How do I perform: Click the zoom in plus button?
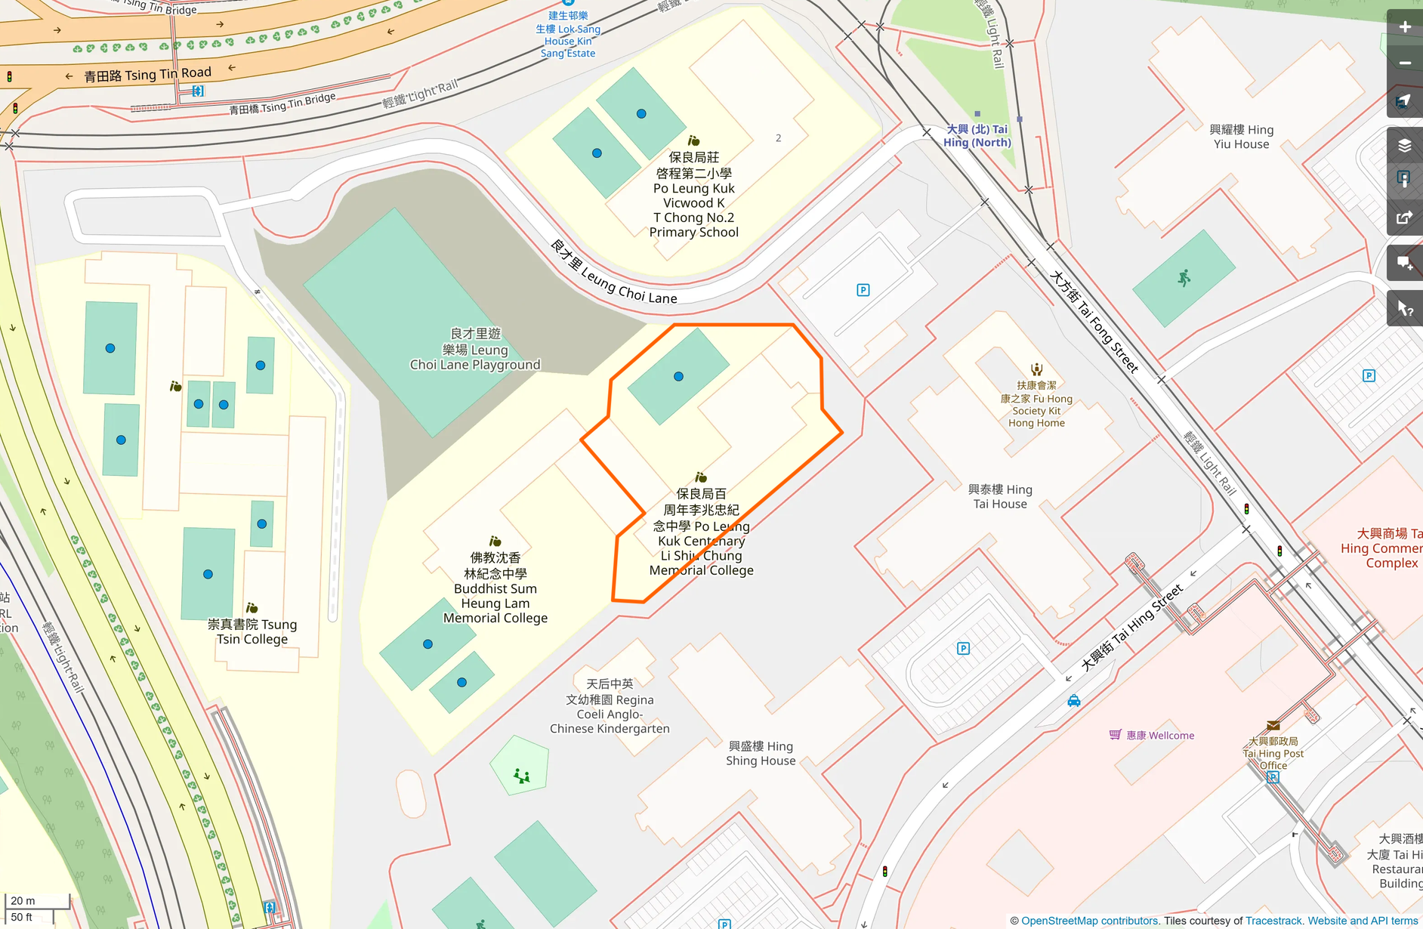pyautogui.click(x=1404, y=27)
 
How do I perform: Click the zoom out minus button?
pyautogui.click(x=1404, y=63)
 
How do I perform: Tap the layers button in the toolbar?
pyautogui.click(x=1404, y=146)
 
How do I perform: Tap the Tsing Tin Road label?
pyautogui.click(x=147, y=74)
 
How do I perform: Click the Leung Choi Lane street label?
pyautogui.click(x=613, y=273)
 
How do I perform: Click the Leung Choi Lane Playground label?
pyautogui.click(x=475, y=350)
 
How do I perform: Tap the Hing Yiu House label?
pyautogui.click(x=1241, y=137)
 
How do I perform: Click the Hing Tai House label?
pyautogui.click(x=1000, y=497)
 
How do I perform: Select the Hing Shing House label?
pyautogui.click(x=761, y=753)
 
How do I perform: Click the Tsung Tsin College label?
pyautogui.click(x=252, y=631)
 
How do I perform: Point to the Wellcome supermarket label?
pyautogui.click(x=1159, y=736)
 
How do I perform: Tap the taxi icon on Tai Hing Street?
pyautogui.click(x=1074, y=701)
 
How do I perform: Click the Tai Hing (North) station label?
pyautogui.click(x=977, y=136)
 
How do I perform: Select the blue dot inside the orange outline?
pyautogui.click(x=678, y=376)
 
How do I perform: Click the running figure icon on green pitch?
pyautogui.click(x=1184, y=278)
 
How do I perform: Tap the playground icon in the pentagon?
pyautogui.click(x=521, y=775)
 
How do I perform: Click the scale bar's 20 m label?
pyautogui.click(x=23, y=900)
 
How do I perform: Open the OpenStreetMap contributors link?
pyautogui.click(x=1089, y=921)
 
